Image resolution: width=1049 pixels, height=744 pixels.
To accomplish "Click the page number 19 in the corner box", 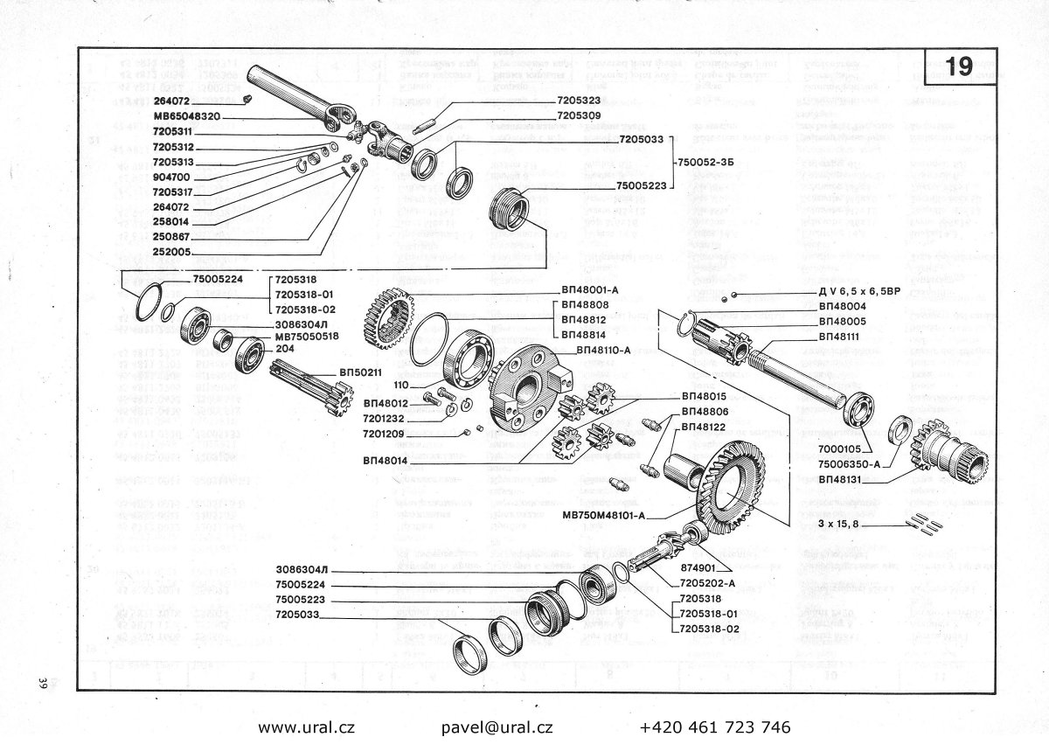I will (x=959, y=67).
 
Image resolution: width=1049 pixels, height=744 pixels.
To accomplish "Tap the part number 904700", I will (x=171, y=177).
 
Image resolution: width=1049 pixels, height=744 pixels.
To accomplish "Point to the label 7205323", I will (x=584, y=101).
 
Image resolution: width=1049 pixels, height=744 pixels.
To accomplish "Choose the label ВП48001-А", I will (x=591, y=290).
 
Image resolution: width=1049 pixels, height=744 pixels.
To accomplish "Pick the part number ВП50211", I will (x=361, y=372).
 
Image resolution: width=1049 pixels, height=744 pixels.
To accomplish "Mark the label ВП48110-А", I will (x=606, y=349).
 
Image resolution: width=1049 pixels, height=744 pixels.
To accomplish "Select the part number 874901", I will (x=700, y=567).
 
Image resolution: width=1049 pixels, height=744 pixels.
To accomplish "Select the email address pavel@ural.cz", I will (x=497, y=727).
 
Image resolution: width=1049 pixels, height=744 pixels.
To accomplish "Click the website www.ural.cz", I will (x=306, y=727).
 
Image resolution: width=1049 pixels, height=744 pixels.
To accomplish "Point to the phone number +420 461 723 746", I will (x=715, y=727).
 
